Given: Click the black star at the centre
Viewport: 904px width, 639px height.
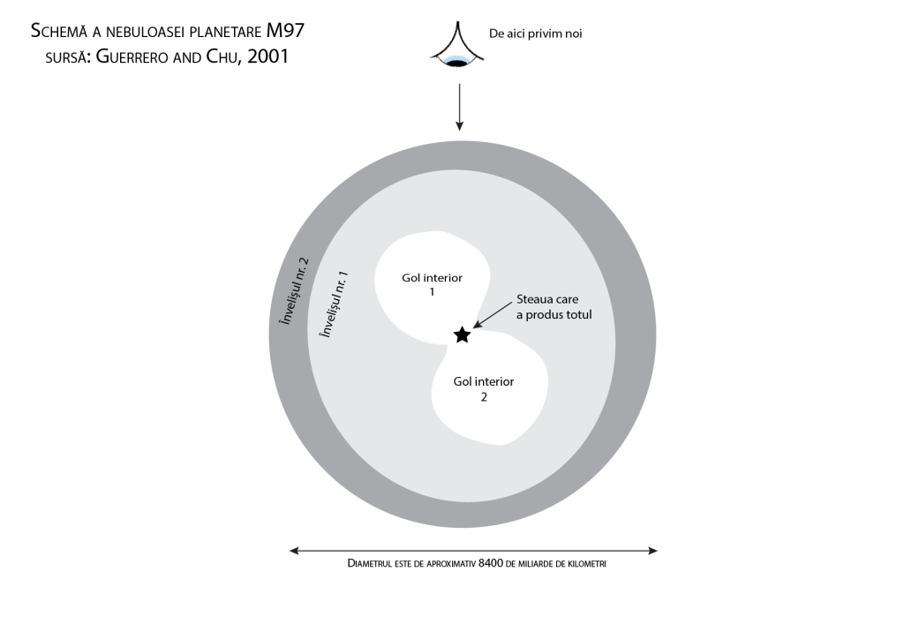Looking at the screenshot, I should point(461,335).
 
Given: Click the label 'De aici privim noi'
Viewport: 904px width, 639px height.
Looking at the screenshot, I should point(535,34).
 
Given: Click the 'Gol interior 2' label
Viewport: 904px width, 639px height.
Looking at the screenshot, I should point(483,389).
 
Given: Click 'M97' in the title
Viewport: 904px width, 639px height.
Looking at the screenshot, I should point(287,32).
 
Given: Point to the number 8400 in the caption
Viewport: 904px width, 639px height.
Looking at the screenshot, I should point(490,563).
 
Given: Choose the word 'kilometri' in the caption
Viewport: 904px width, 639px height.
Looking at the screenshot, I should point(587,563).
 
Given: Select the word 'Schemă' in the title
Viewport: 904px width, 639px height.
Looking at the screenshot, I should point(58,32).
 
